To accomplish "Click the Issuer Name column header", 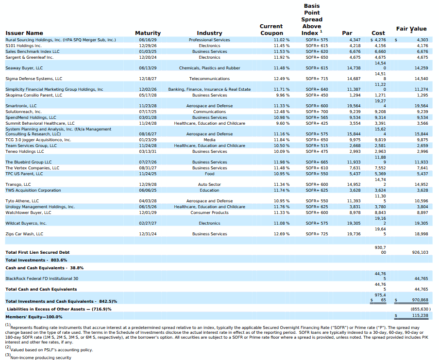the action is (x=24, y=33).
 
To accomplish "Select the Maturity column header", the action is (x=148, y=33).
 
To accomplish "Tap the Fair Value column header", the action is (x=411, y=29).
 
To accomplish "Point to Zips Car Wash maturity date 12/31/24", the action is (x=148, y=234).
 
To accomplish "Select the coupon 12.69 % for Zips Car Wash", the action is (x=282, y=234).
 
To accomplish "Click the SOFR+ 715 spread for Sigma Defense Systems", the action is (x=317, y=79).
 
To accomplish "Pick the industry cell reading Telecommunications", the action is (x=209, y=79).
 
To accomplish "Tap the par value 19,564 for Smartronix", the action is (x=354, y=106).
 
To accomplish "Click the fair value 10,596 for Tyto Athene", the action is (x=422, y=201).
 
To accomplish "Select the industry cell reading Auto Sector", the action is (x=209, y=184).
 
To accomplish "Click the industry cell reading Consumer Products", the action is (x=209, y=213).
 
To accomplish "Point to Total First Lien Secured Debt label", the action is (x=37, y=252).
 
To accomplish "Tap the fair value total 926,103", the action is (x=420, y=252).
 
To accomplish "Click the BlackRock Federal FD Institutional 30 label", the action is (x=42, y=278).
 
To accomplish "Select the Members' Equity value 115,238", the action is (x=420, y=315).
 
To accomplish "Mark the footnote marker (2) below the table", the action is (x=8, y=347).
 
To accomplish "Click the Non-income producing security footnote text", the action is (x=41, y=358).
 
